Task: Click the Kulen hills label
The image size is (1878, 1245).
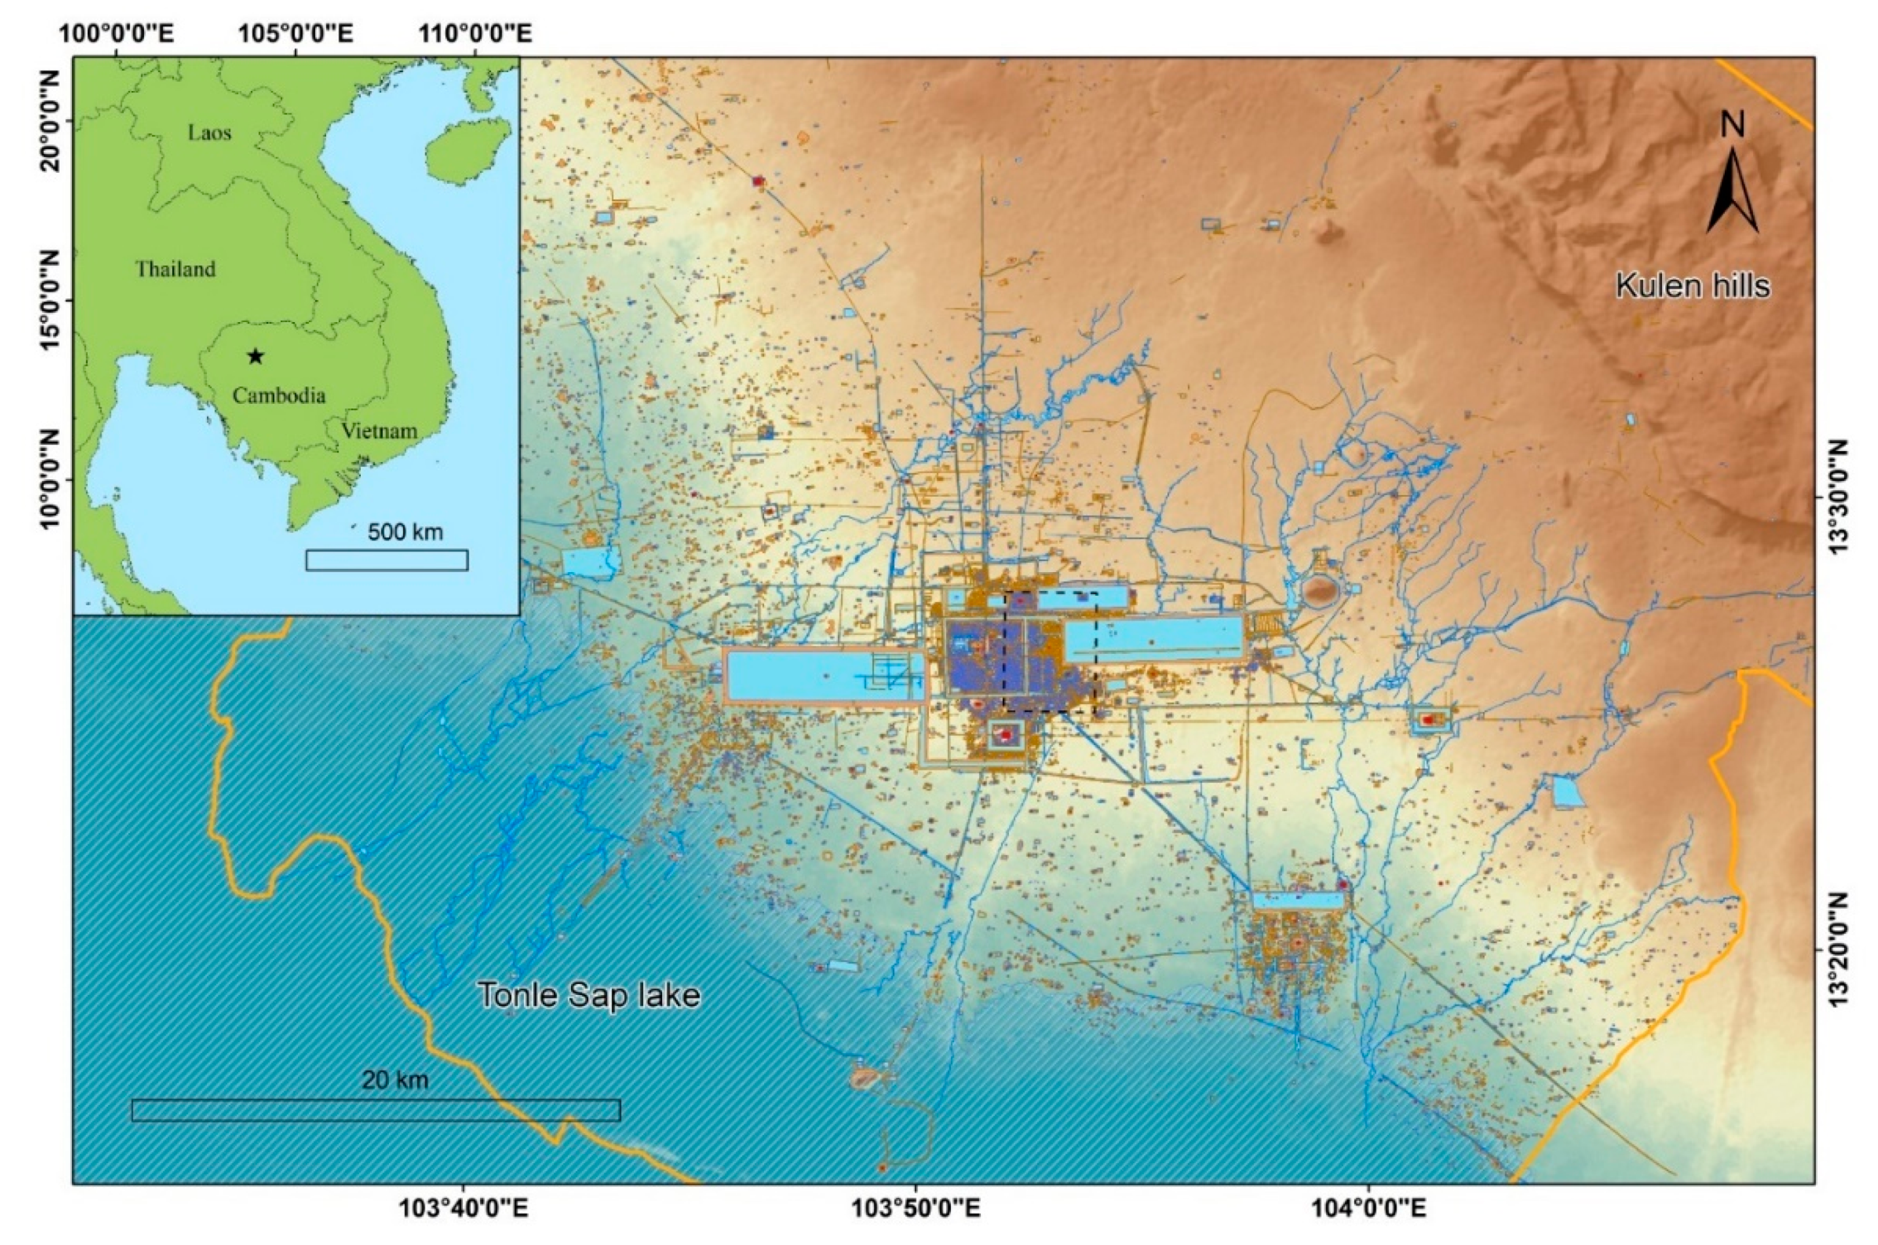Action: coord(1692,285)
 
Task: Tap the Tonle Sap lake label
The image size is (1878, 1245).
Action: coord(589,995)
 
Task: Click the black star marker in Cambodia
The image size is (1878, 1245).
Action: coord(255,355)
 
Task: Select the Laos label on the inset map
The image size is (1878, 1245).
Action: coord(210,133)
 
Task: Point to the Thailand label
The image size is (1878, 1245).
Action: coord(175,269)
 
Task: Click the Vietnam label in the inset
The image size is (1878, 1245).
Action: coord(380,431)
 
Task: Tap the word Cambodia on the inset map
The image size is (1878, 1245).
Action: coord(279,395)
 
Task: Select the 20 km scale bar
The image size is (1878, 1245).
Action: coord(376,1110)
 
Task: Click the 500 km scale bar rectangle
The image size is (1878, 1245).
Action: coord(387,560)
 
